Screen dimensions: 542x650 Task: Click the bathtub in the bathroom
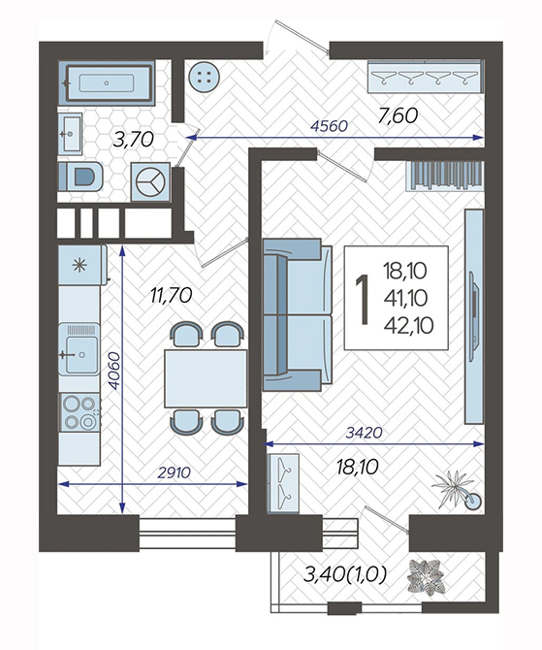(106, 82)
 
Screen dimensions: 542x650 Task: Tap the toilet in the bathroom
(80, 177)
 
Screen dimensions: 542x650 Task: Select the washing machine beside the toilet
(151, 182)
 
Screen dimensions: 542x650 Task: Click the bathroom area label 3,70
(134, 140)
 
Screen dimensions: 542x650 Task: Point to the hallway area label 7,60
(398, 115)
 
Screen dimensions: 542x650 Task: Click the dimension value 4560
(329, 125)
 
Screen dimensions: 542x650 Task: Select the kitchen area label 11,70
(172, 296)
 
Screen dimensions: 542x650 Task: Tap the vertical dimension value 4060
(113, 371)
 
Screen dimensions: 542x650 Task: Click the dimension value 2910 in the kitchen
(174, 472)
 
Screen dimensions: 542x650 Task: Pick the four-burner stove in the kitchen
(80, 412)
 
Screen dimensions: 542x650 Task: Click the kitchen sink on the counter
(80, 349)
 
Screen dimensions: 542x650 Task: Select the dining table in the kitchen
(206, 378)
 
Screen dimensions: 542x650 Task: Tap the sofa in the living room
(298, 314)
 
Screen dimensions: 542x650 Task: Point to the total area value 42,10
(408, 325)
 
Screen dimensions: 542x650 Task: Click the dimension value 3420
(364, 433)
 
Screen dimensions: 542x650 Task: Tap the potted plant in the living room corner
(456, 489)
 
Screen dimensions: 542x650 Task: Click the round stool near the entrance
(204, 76)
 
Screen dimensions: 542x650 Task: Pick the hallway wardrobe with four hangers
(426, 77)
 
